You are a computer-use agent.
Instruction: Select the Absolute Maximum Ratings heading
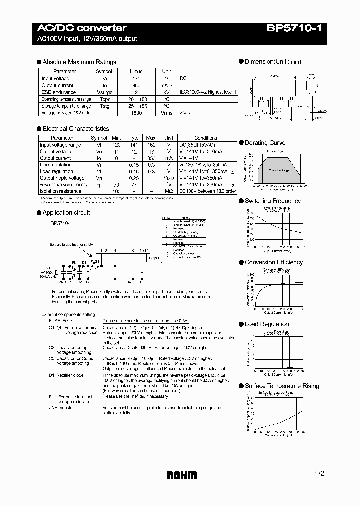coord(79,62)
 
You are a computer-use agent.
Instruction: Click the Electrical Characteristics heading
coord(75,129)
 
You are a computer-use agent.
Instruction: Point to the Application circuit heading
coord(66,213)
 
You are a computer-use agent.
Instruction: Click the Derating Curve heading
coord(265,143)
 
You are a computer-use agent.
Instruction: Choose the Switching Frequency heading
coord(272,201)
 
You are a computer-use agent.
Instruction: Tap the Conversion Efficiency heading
coord(273,262)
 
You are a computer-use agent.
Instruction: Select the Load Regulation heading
coord(267,324)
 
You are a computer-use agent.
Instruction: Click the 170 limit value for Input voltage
coord(136,79)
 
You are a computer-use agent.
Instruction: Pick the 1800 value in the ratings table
coord(136,113)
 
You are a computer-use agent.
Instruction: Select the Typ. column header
coord(134,138)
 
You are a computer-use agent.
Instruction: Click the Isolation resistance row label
coord(61,191)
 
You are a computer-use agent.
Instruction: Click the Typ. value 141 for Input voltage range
coord(134,145)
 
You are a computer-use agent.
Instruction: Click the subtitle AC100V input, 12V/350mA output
coord(88,39)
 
